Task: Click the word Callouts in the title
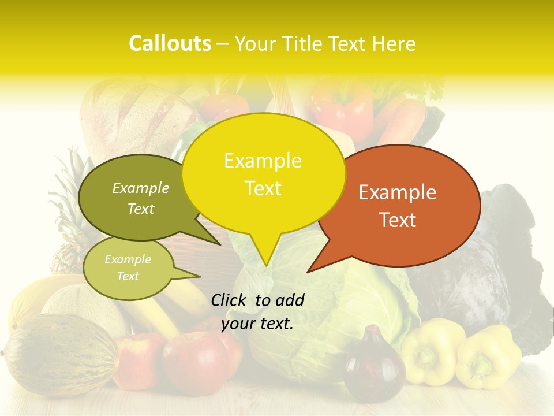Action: coord(170,43)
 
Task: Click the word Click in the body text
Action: coord(229,300)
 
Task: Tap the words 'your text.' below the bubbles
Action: coord(257,324)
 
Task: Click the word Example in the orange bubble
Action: coord(398,192)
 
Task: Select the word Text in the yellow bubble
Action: coord(263,188)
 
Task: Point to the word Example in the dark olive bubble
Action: coord(140,188)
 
